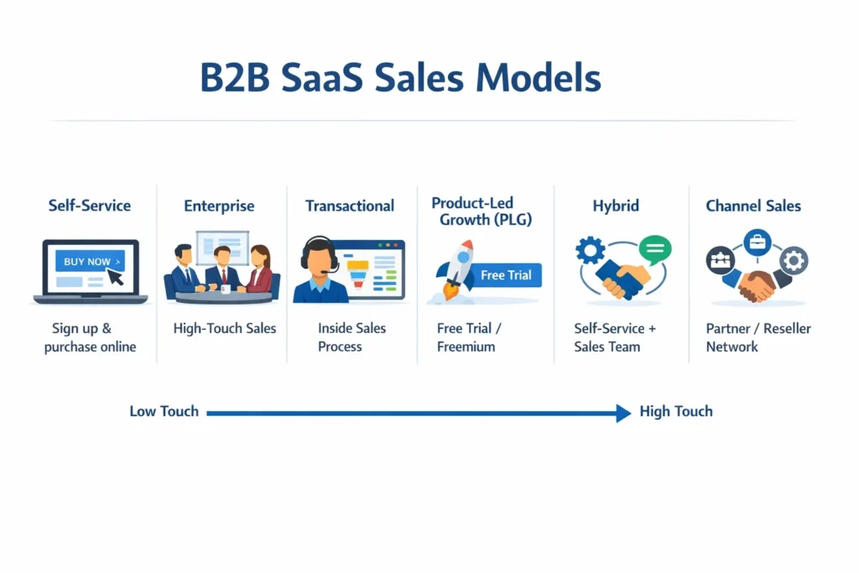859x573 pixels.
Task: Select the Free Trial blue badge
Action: pos(506,275)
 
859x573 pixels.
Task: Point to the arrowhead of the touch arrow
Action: pos(623,412)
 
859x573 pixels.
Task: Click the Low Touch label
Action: pos(164,411)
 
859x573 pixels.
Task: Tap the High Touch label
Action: pos(675,411)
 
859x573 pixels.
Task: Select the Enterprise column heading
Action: pos(219,206)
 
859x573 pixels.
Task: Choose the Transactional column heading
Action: pos(349,206)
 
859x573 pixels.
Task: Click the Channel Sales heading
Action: pos(753,206)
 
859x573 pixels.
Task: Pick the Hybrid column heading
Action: pos(616,206)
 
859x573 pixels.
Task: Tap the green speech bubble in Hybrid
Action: pos(654,250)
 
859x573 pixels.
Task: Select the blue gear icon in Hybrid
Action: pos(591,252)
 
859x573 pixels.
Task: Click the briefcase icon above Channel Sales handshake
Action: pos(757,242)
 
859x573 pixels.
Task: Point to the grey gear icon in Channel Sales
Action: pos(793,261)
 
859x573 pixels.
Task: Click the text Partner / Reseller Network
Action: pos(758,337)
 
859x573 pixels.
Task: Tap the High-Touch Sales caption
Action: pos(224,328)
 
